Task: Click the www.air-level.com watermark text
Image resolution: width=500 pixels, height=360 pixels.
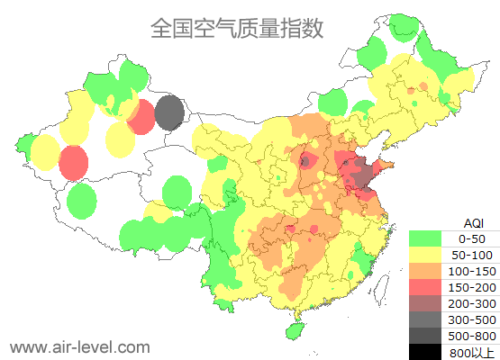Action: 79,346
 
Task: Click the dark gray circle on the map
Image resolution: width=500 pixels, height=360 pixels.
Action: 169,114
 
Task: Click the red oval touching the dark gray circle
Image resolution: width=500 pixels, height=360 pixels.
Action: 141,118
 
